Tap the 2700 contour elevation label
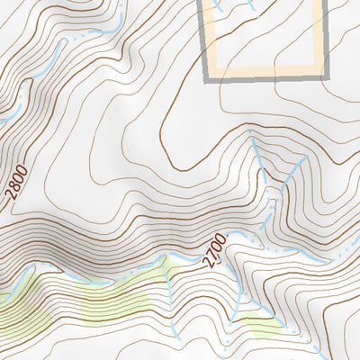(x=212, y=250)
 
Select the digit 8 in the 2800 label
(x=17, y=191)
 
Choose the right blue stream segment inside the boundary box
(x=245, y=7)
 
